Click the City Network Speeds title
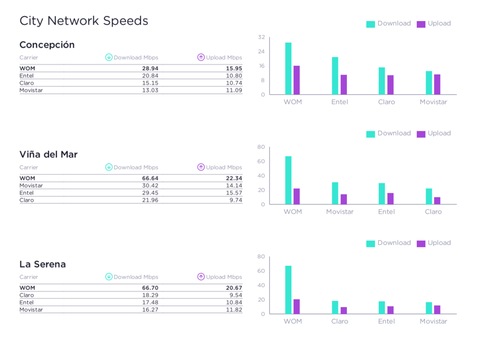coord(83,21)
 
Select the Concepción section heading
coord(47,45)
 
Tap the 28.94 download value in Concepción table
coord(150,68)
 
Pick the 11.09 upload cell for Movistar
coord(234,90)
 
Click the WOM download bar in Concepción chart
coord(288,68)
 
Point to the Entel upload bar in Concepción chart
coord(344,85)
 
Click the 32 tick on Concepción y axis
coord(262,37)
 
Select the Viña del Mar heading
coord(48,155)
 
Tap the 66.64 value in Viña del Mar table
coord(150,178)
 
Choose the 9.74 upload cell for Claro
coord(235,200)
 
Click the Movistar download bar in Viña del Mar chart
coord(335,193)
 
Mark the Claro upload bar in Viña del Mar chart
coord(437,201)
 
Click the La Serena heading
coord(43,264)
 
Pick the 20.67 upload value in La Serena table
coord(234,288)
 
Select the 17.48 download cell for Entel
coord(150,302)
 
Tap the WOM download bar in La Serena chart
coord(288,290)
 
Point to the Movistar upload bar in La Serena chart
coord(437,310)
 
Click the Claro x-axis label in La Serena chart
coord(340,322)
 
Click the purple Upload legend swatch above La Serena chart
coord(421,243)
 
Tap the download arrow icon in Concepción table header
coord(109,58)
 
